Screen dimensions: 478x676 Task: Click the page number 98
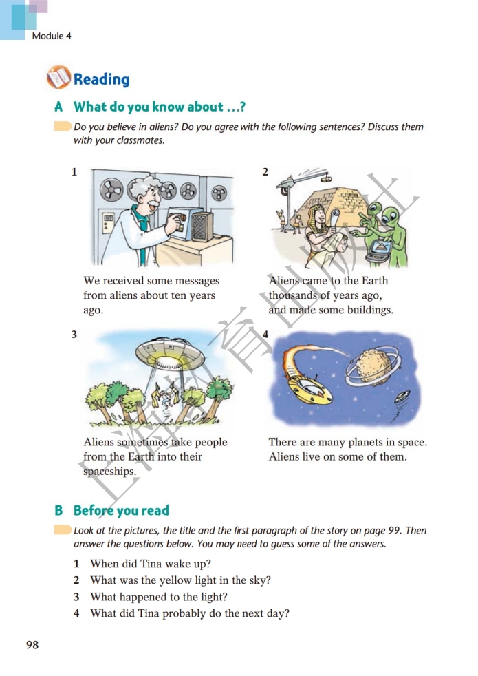click(32, 644)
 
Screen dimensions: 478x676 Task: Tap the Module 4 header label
click(52, 36)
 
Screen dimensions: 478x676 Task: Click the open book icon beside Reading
click(58, 78)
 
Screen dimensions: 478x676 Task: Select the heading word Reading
click(102, 79)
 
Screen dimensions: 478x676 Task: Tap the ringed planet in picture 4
click(373, 366)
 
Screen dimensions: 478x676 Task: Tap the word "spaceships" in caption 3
click(110, 472)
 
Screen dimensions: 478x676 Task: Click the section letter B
click(58, 511)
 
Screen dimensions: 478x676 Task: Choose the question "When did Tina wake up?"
click(151, 564)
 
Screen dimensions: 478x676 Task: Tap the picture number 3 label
click(74, 334)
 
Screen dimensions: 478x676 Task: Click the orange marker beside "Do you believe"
click(63, 126)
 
